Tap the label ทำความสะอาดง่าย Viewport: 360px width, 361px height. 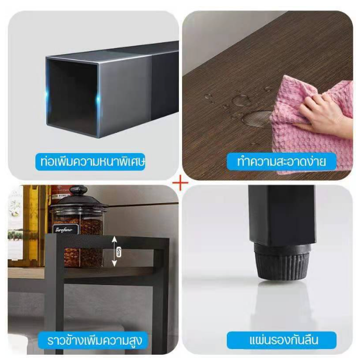point(281,161)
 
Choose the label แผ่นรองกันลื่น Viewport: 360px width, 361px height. point(281,340)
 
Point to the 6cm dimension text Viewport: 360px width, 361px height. point(119,252)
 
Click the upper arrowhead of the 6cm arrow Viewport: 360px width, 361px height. point(114,240)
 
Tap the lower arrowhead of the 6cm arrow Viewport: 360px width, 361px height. point(114,264)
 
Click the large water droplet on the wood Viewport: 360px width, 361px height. point(257,118)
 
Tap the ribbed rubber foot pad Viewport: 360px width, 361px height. point(282,262)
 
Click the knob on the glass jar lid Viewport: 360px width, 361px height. point(79,191)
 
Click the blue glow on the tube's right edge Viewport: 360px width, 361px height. point(98,99)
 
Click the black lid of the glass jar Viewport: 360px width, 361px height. point(79,201)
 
